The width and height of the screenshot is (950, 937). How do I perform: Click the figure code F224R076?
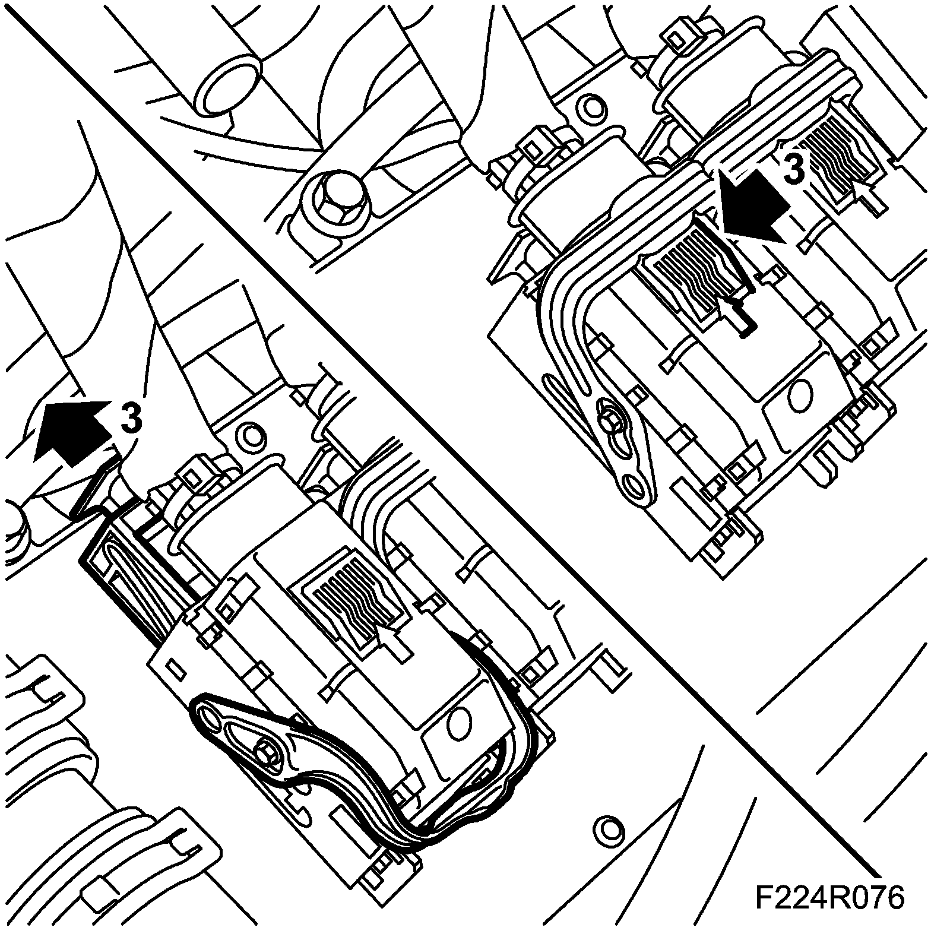pyautogui.click(x=829, y=898)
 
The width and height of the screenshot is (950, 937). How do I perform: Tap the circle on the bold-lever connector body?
pyautogui.click(x=457, y=721)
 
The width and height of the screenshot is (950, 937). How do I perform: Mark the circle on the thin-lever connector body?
pyautogui.click(x=800, y=393)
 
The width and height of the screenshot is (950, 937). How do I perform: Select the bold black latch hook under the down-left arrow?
pyautogui.click(x=742, y=312)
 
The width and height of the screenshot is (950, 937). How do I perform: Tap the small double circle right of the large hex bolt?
pyautogui.click(x=591, y=106)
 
